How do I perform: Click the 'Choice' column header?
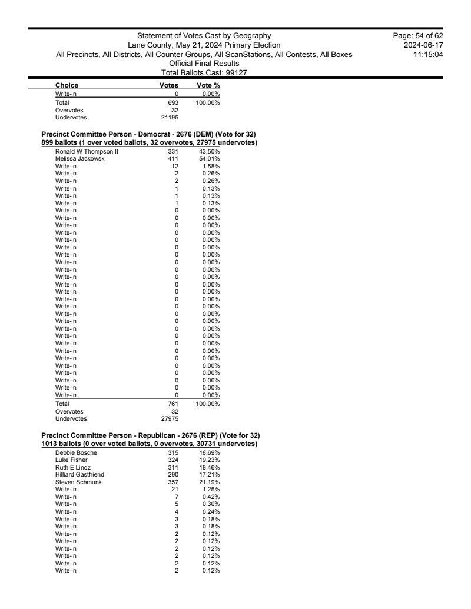[x=67, y=85]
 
